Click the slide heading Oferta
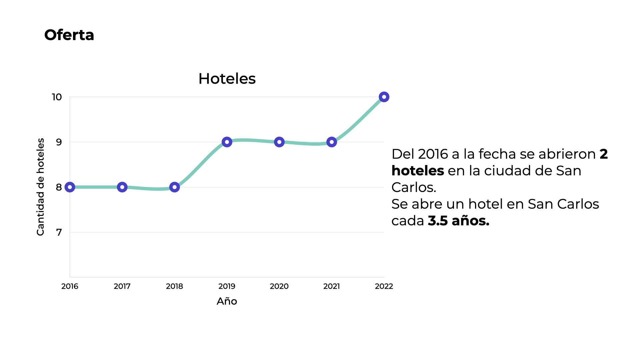tap(69, 35)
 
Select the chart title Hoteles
tap(227, 79)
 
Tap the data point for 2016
tap(70, 187)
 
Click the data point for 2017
tap(122, 187)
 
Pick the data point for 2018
tap(174, 187)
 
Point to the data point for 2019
tap(227, 142)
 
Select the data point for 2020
tap(279, 142)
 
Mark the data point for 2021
tap(331, 142)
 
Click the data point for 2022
tap(384, 97)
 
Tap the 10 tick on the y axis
tap(57, 97)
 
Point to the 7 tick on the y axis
tap(59, 232)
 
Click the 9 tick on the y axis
tap(59, 142)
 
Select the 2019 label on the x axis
tap(227, 286)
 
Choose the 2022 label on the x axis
tap(384, 286)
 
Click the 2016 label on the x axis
tap(70, 286)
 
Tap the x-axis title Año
tap(227, 301)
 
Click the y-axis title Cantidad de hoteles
tap(40, 187)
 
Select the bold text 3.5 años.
tap(458, 221)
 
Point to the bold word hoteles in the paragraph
tap(417, 171)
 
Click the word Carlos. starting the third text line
tap(414, 187)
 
